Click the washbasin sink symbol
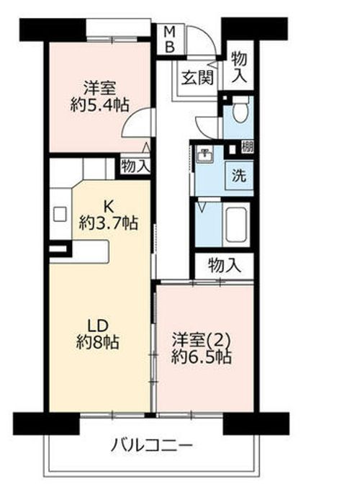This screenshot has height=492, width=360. [x=205, y=154]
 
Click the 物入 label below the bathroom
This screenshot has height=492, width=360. [x=223, y=264]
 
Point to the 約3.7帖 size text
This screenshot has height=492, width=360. [x=109, y=223]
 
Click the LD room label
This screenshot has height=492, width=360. [x=98, y=323]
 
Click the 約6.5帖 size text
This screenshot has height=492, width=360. [x=202, y=357]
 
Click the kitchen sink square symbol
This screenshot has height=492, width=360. [x=60, y=214]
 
